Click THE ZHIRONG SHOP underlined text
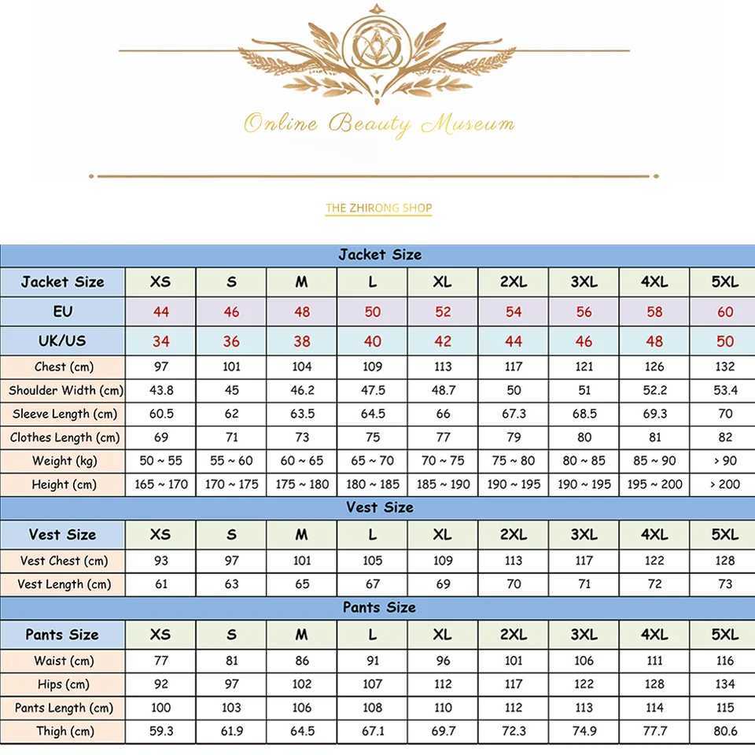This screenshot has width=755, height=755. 378,208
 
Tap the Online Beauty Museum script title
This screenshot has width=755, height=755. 378,123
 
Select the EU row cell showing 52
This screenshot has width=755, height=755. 443,311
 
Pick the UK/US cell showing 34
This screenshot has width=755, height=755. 160,341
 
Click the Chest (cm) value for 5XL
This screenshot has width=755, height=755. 725,366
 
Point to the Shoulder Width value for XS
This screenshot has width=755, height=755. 160,390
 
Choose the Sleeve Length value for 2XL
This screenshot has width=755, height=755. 514,414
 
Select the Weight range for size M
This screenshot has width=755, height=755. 302,461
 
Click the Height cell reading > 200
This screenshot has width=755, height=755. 725,484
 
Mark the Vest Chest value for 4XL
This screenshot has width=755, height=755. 654,561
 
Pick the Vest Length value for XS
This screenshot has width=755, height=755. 160,584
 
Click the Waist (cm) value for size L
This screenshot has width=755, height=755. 373,661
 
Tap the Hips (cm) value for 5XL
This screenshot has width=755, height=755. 725,684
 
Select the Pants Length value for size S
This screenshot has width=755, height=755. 231,708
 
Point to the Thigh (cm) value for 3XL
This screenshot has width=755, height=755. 584,731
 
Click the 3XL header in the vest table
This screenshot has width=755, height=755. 584,534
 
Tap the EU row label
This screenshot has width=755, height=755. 63,311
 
